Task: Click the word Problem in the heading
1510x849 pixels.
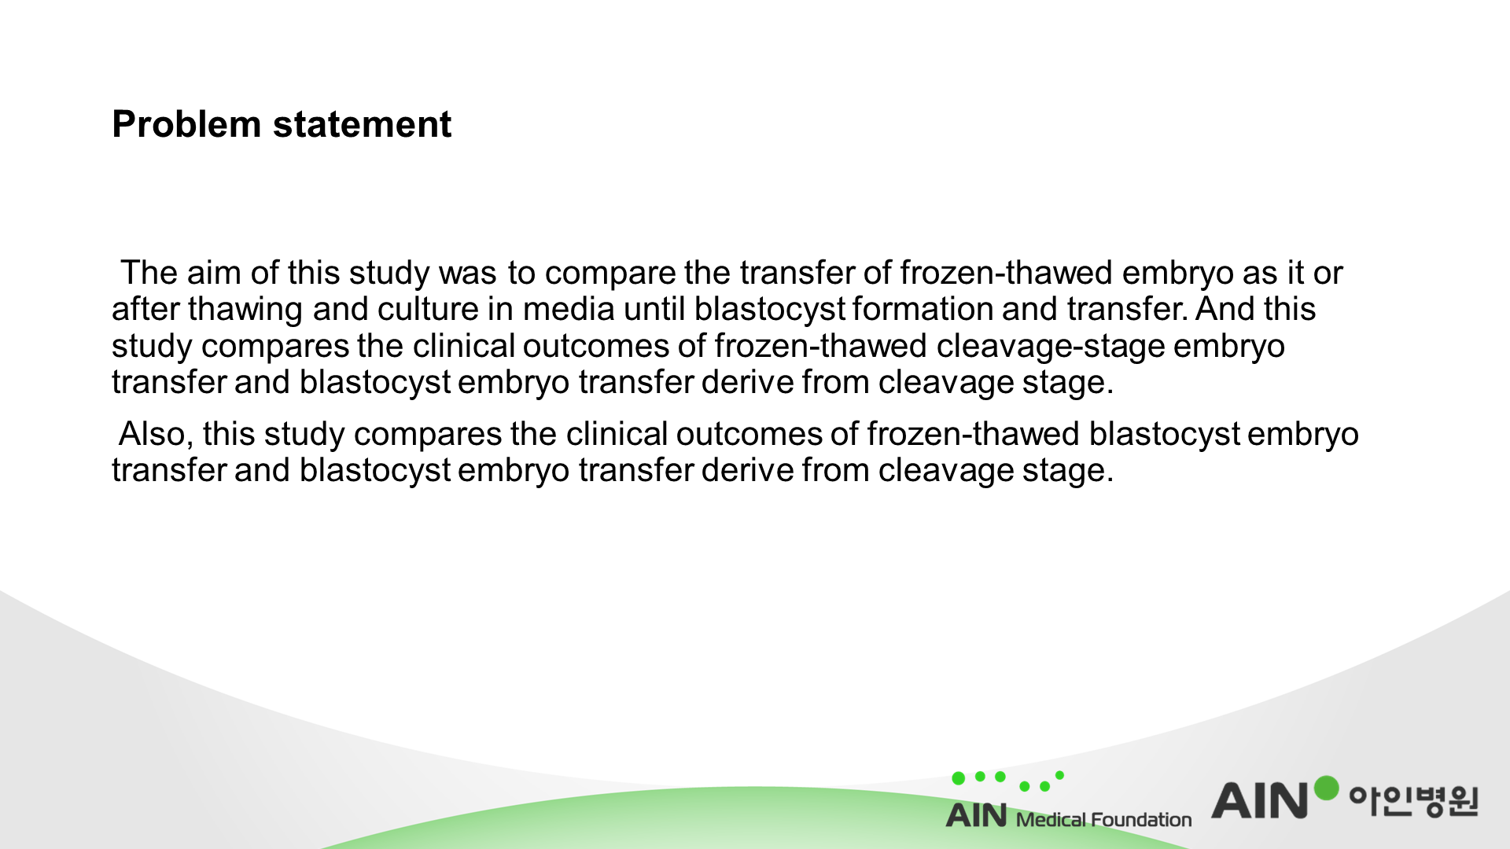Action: (x=186, y=124)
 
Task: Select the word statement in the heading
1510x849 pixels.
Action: (x=362, y=124)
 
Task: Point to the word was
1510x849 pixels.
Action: (x=468, y=274)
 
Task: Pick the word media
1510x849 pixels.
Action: (x=569, y=309)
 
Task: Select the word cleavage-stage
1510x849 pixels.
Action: (x=1051, y=347)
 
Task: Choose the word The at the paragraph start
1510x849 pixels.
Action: (x=149, y=273)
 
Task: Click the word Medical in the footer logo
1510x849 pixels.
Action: (x=1051, y=820)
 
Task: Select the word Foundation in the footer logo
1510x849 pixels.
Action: (x=1141, y=820)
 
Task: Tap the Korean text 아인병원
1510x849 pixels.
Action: (x=1414, y=801)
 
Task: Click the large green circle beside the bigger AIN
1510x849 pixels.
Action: (x=1326, y=788)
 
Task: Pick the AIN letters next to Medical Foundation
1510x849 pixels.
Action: (x=976, y=815)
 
